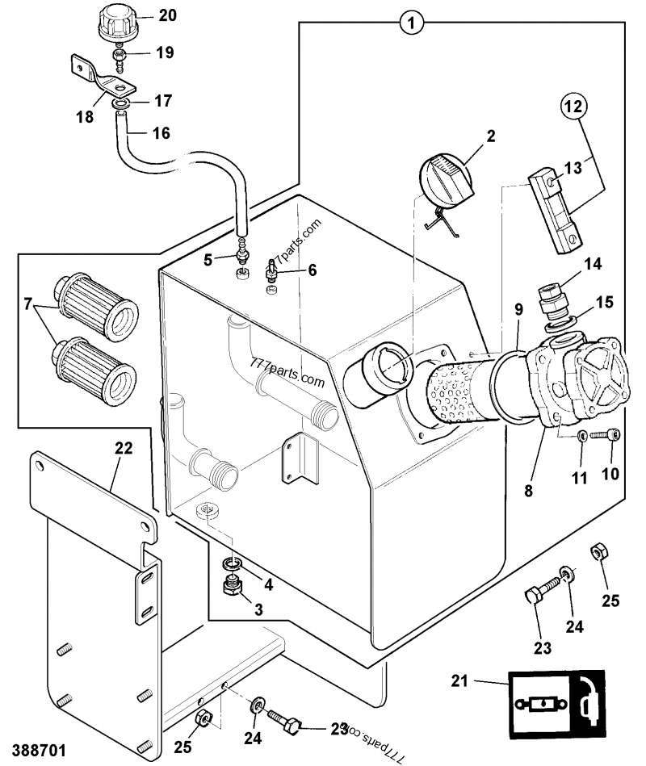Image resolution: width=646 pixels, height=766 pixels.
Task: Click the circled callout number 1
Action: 411,23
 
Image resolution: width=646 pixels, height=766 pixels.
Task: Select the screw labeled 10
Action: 605,436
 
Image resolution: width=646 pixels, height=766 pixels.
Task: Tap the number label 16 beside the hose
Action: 161,133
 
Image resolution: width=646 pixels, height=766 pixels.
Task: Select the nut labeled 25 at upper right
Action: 600,552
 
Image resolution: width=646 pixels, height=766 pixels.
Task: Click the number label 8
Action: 527,489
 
